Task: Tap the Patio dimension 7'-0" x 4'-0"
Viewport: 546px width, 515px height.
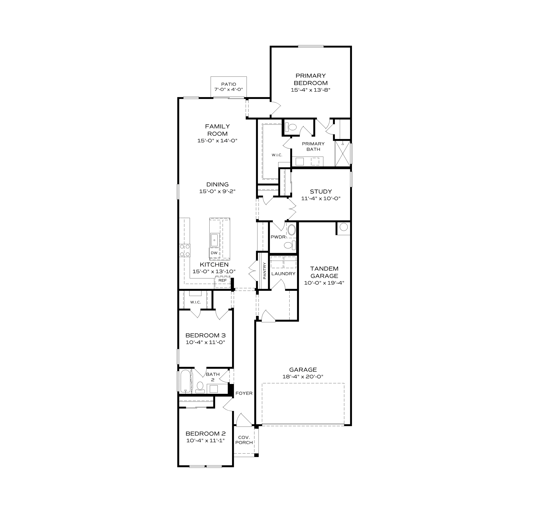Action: coord(229,90)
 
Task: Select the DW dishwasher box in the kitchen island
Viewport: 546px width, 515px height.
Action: coord(214,253)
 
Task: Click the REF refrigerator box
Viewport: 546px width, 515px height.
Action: coord(222,280)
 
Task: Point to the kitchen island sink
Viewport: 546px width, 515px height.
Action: coord(214,240)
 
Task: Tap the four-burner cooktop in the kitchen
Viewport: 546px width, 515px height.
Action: coord(185,251)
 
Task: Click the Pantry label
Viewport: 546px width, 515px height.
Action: coord(264,271)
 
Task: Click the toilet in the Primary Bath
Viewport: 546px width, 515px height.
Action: coord(291,127)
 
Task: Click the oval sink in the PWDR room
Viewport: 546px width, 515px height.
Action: coord(291,230)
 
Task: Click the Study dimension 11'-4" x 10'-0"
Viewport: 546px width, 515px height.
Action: coord(321,198)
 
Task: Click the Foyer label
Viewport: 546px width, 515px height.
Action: coord(244,393)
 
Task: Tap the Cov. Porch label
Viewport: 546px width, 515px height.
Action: coord(244,440)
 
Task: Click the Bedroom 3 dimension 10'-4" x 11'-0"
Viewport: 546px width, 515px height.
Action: coord(205,342)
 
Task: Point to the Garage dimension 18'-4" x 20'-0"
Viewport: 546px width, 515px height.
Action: coord(303,377)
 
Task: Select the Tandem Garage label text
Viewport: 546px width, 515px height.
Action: coord(324,272)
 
